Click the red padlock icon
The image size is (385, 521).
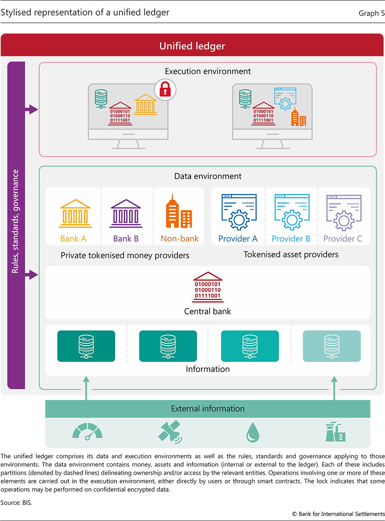[165, 89]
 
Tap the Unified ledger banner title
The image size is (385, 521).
[192, 46]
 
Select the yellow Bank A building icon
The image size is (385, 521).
[75, 213]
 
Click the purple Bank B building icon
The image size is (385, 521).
[126, 213]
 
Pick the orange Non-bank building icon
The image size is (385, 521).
[179, 212]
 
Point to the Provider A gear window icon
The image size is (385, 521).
[239, 212]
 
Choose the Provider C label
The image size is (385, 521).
[343, 239]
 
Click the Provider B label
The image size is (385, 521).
[291, 239]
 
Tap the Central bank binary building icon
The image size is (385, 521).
[207, 287]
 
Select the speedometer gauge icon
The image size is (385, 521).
[87, 432]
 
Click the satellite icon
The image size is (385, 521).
[170, 432]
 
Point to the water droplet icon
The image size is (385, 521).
[253, 432]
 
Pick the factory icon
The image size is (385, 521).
[335, 432]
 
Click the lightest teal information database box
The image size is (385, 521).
[332, 346]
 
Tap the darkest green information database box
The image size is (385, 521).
[86, 346]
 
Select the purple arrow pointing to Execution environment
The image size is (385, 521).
[31, 109]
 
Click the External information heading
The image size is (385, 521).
[207, 409]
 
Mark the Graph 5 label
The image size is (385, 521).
[371, 13]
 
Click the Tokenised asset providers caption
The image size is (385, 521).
[291, 255]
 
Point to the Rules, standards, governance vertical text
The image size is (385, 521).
[16, 221]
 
